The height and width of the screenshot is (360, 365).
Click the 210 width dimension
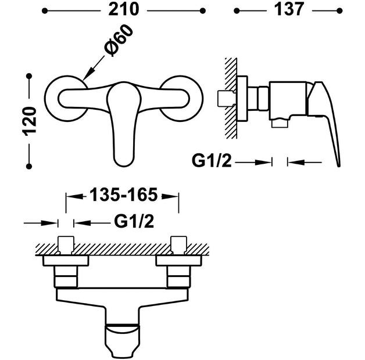[x=124, y=10]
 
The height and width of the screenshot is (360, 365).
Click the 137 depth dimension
[x=289, y=10]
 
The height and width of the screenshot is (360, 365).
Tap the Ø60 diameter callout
[x=119, y=40]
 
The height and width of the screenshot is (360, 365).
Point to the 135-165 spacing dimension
[x=124, y=195]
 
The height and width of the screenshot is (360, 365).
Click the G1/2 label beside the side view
[x=212, y=161]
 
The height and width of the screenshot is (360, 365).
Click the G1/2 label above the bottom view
[x=134, y=221]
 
